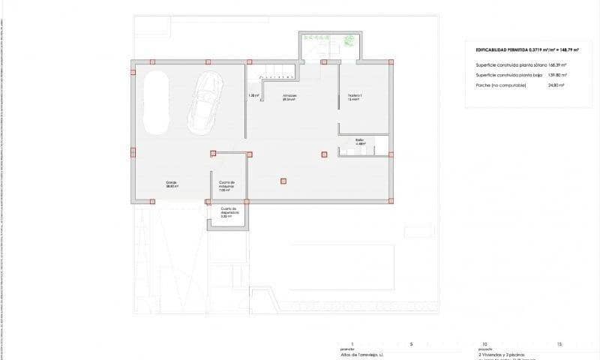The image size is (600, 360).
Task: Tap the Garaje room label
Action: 172,184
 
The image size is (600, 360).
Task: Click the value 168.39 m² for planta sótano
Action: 555,65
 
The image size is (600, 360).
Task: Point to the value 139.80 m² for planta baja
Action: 554,75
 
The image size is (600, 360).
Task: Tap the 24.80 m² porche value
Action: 556,85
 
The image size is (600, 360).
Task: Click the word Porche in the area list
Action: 486,85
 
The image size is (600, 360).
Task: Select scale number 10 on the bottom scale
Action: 484,343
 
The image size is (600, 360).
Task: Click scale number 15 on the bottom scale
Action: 559,343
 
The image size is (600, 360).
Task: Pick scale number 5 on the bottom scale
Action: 410,343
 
